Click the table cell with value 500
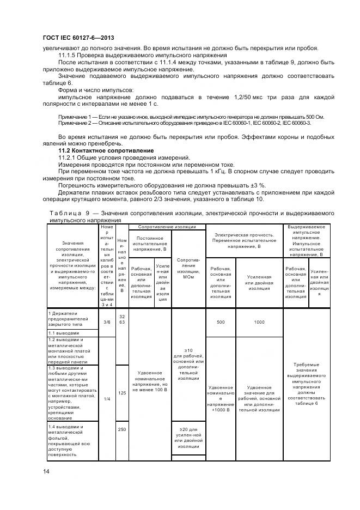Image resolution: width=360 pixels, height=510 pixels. tap(221, 323)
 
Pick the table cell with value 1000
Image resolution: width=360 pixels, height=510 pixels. tap(259, 323)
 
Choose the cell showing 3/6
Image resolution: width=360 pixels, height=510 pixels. tap(107, 322)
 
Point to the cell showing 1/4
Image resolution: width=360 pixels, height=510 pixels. tap(107, 399)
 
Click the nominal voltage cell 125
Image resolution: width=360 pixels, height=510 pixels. tap(122, 392)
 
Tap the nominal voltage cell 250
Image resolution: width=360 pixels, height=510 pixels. tap(122, 430)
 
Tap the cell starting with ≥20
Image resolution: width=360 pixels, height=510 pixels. tap(188, 439)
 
